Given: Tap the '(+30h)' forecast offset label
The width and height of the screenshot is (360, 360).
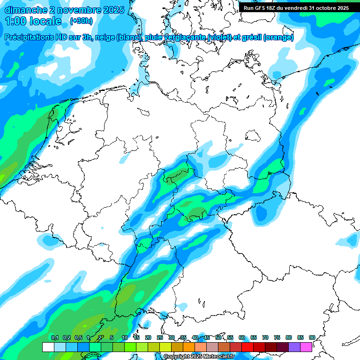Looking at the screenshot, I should pyautogui.click(x=81, y=21).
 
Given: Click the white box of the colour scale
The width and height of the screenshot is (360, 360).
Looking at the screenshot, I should pyautogui.click(x=48, y=347).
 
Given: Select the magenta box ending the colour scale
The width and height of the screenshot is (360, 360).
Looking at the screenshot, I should pyautogui.click(x=306, y=347).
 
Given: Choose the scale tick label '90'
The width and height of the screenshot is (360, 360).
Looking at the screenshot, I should pyautogui.click(x=312, y=337).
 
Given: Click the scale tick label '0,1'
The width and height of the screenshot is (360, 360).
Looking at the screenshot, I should pyautogui.click(x=55, y=337).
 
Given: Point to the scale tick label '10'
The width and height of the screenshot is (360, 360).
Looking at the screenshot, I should pyautogui.click(x=125, y=337).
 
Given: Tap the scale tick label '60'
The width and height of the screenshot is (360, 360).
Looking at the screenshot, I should pyautogui.click(x=242, y=337).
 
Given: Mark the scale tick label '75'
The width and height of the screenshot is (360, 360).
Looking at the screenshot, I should pyautogui.click(x=277, y=337).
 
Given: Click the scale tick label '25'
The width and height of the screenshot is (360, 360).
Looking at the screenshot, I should pyautogui.click(x=160, y=337).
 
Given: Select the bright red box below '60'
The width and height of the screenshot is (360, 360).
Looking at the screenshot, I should pyautogui.click(x=247, y=347).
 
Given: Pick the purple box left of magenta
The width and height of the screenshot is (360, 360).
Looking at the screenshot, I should pyautogui.click(x=294, y=347).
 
